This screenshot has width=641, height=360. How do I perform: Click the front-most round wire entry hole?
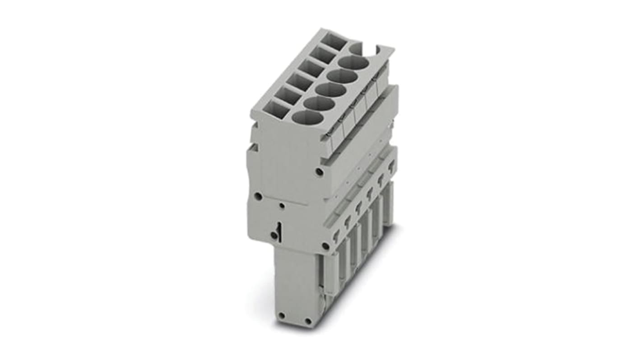[x=308, y=117]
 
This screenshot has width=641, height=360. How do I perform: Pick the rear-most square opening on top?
[x=335, y=41]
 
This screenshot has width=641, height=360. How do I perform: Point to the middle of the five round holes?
[x=331, y=89]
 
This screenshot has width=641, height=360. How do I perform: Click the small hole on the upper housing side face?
[x=319, y=172]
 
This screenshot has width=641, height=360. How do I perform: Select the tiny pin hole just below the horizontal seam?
[x=282, y=206]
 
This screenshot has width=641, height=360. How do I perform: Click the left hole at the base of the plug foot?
[x=281, y=315]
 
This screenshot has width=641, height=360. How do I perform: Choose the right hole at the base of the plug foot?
[x=308, y=321]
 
